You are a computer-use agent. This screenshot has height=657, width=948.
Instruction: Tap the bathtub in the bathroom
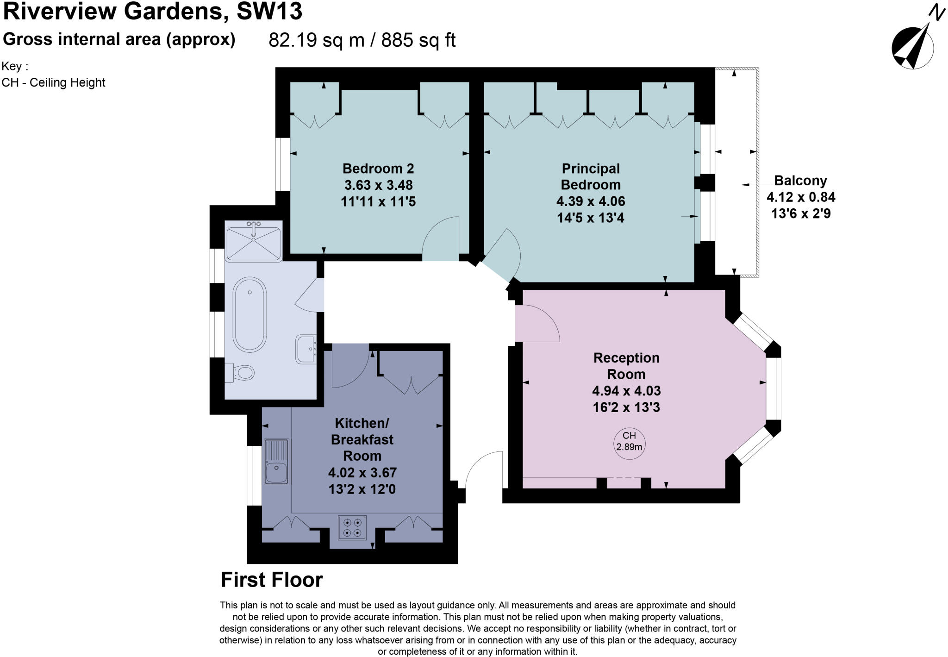(x=249, y=314)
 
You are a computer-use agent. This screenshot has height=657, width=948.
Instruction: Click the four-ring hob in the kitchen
(x=352, y=528)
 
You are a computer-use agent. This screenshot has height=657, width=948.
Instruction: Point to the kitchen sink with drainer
(x=276, y=462)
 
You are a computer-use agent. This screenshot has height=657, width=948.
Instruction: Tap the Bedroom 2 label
(x=378, y=168)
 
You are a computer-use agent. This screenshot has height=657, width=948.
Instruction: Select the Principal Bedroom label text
(x=591, y=176)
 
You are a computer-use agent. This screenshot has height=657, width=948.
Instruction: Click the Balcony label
(x=800, y=180)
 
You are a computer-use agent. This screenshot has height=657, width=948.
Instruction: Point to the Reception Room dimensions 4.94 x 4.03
(x=626, y=391)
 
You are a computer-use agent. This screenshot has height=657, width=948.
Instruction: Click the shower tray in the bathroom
(x=253, y=241)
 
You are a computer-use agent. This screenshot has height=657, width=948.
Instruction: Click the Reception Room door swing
(x=537, y=324)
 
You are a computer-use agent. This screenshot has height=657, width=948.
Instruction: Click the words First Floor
(x=272, y=580)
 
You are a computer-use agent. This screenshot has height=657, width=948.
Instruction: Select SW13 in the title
(x=269, y=11)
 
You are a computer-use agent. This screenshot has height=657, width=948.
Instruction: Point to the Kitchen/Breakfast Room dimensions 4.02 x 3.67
(x=362, y=473)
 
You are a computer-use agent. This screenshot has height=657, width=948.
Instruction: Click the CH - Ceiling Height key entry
(x=54, y=82)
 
